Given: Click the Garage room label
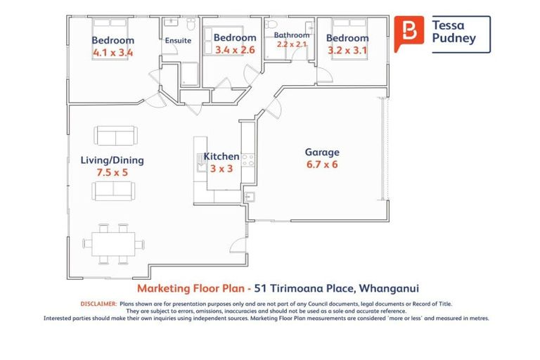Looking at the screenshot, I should [322, 152].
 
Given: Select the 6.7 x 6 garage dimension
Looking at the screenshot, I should [322, 165].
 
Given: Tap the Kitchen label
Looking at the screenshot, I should [221, 156].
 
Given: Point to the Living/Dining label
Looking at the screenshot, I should [112, 160].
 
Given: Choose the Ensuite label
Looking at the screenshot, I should [178, 41].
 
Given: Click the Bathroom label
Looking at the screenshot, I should [292, 35].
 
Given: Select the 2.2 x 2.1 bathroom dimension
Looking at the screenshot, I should [292, 44].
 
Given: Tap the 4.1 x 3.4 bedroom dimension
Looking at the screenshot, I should [112, 52].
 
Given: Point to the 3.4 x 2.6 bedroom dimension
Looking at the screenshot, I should [235, 50].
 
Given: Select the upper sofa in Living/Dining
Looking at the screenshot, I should [115, 136].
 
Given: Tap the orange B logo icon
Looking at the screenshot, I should [408, 33].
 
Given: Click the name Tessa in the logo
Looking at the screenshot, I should [448, 24].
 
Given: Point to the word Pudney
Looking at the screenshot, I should [454, 39].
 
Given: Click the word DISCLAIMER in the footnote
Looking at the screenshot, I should [98, 303].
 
